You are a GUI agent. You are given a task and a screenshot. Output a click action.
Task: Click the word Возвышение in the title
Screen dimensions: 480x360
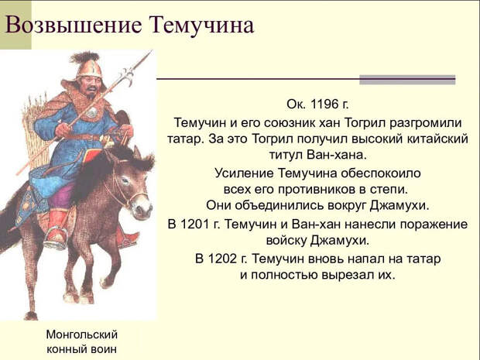pyautogui.click(x=74, y=26)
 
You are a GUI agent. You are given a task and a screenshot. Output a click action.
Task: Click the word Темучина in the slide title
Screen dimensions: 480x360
pyautogui.click(x=201, y=26)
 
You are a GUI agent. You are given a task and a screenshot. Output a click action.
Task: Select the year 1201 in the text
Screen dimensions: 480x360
pyautogui.click(x=194, y=224)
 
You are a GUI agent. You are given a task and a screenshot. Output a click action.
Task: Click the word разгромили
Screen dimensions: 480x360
pyautogui.click(x=426, y=123)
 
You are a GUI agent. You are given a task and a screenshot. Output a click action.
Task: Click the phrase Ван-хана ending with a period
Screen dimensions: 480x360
pyautogui.click(x=337, y=155)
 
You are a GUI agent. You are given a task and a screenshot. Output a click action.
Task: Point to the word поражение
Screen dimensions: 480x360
pyautogui.click(x=434, y=225)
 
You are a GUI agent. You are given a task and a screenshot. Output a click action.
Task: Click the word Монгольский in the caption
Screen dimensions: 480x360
pyautogui.click(x=82, y=334)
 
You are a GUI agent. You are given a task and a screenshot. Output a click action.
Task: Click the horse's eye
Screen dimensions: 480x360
pyautogui.click(x=125, y=181)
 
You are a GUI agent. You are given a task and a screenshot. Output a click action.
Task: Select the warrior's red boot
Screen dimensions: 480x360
pyautogui.click(x=57, y=227)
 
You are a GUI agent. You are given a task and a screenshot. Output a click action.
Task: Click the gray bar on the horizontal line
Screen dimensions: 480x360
pyautogui.click(x=407, y=80)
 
